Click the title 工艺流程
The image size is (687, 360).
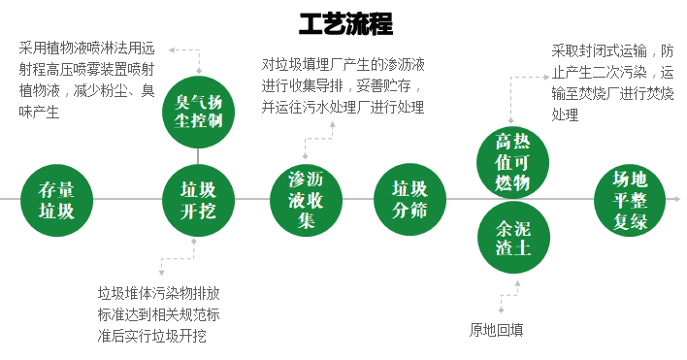point(345,22)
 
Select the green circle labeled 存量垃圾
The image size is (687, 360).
point(56,199)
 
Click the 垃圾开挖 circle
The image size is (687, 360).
point(198,199)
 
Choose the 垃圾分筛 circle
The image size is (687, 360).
point(409,199)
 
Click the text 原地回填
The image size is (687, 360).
point(496,329)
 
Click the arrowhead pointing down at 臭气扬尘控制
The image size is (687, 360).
point(199,70)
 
